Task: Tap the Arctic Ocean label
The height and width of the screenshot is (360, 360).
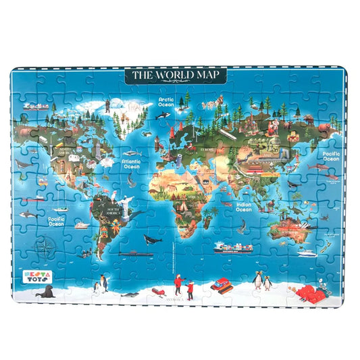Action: (165, 102)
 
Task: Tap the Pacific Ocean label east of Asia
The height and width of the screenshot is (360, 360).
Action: (331, 157)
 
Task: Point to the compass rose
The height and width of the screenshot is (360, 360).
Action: (45, 245)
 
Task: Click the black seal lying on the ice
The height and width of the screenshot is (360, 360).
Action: (46, 292)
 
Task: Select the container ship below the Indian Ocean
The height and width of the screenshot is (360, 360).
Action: (232, 247)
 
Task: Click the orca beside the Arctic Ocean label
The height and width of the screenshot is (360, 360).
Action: (163, 115)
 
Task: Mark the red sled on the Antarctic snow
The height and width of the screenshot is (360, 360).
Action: (157, 291)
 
